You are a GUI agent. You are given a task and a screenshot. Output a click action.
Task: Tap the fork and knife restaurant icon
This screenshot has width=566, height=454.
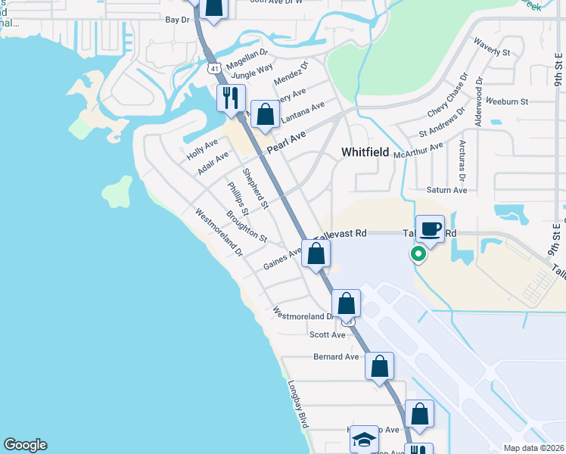pyautogui.click(x=231, y=98)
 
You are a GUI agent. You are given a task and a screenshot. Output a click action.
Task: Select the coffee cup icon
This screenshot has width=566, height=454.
pyautogui.click(x=430, y=229)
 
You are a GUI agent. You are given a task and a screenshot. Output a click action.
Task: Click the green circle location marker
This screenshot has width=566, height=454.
pyautogui.click(x=417, y=254)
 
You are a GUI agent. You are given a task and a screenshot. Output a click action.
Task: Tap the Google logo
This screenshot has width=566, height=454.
pyautogui.click(x=25, y=445)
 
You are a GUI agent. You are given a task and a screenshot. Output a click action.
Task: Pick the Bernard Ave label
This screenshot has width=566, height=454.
pyautogui.click(x=336, y=356)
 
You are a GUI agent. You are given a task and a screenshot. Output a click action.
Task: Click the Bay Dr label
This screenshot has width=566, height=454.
pyautogui.click(x=176, y=20)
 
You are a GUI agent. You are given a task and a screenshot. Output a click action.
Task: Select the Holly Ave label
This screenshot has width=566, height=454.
pyautogui.click(x=202, y=148)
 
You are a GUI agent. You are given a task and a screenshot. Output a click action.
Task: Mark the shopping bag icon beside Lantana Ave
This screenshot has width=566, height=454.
pyautogui.click(x=265, y=115)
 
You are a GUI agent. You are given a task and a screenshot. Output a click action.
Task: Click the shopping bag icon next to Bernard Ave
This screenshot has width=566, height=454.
pyautogui.click(x=379, y=365)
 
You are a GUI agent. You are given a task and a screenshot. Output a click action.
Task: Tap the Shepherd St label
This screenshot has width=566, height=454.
pyautogui.click(x=256, y=188)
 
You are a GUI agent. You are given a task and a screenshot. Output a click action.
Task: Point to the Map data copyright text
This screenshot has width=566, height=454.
pyautogui.click(x=533, y=448)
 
